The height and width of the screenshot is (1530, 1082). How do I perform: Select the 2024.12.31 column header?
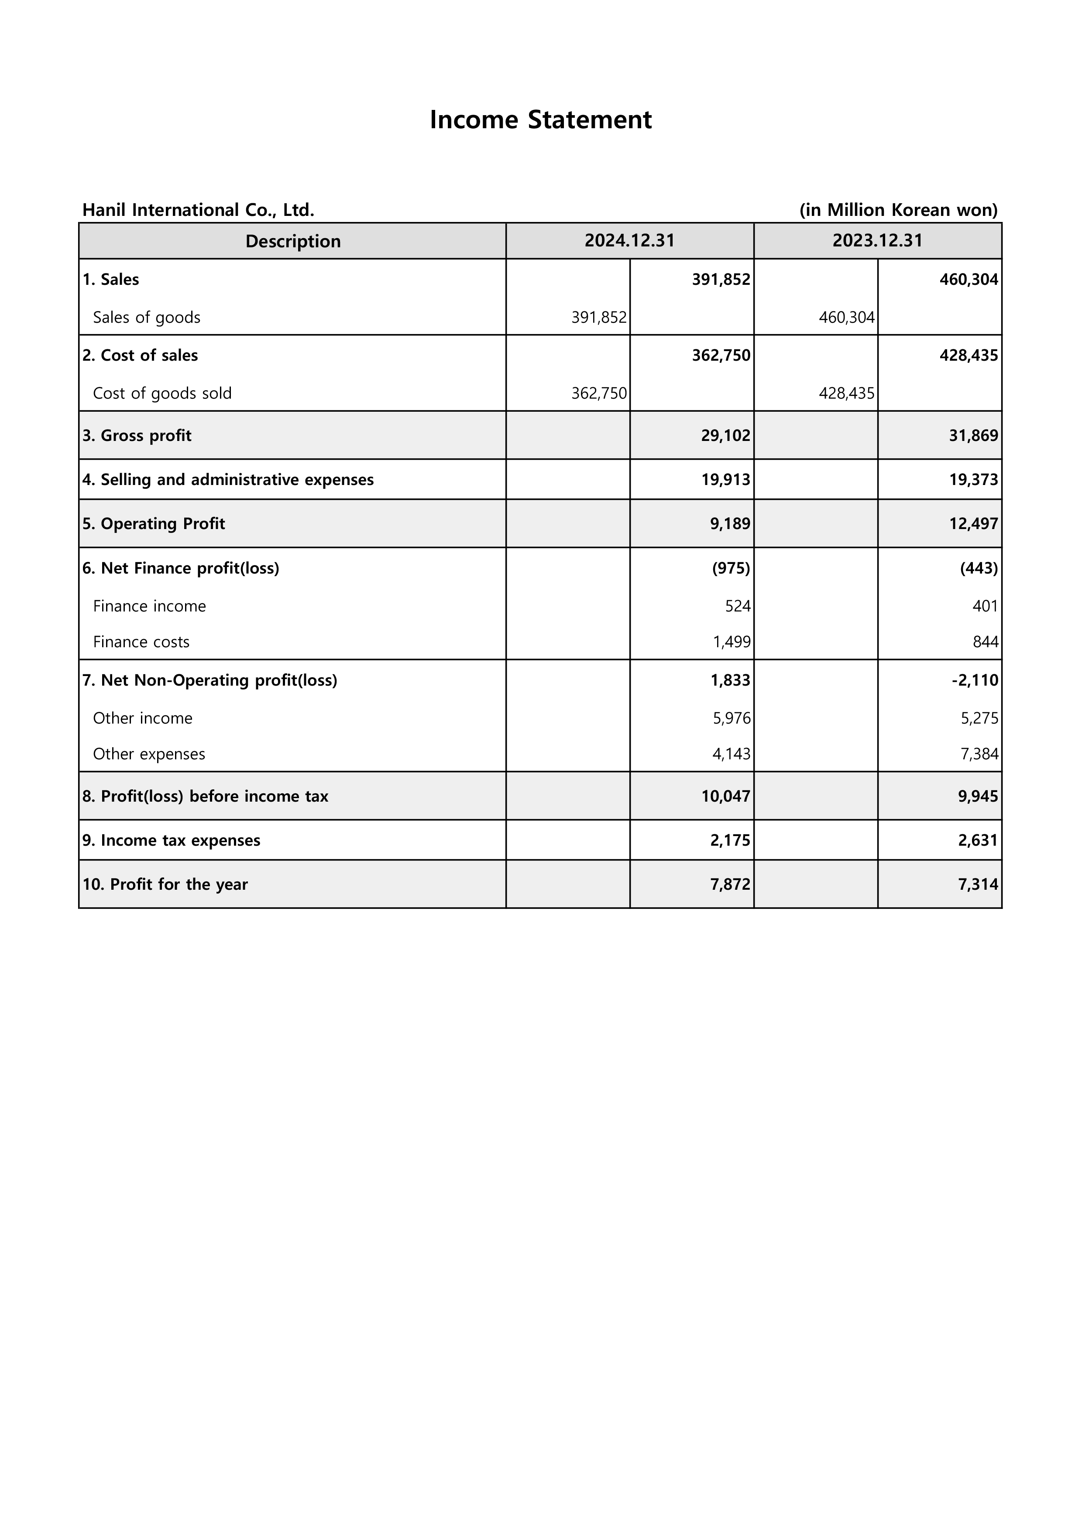click(629, 241)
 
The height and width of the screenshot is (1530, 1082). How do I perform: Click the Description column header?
click(293, 241)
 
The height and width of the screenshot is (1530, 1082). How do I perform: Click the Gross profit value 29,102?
click(725, 435)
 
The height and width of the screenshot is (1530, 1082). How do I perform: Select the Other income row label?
click(143, 718)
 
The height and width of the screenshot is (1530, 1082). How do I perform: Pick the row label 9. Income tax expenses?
click(172, 840)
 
